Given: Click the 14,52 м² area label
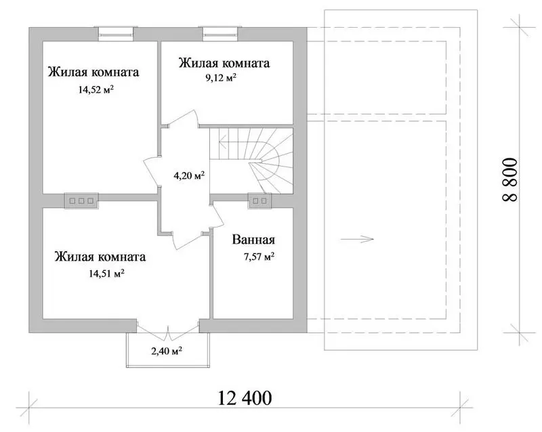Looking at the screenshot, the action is (x=96, y=90).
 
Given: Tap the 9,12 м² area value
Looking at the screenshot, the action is (x=221, y=77).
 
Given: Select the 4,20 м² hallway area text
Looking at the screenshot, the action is (x=189, y=175).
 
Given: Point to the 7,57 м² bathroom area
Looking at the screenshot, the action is (x=259, y=257).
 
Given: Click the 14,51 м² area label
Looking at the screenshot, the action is (x=106, y=274).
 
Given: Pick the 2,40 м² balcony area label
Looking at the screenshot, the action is (x=167, y=351).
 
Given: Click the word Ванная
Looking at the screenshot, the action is (x=253, y=240).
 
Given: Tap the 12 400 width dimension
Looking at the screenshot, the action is (x=245, y=397).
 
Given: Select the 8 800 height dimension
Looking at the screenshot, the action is (x=510, y=179).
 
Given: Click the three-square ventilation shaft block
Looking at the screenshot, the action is (x=81, y=201).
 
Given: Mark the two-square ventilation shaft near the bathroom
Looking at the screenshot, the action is (x=259, y=201).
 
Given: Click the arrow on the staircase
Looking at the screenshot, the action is (x=227, y=142).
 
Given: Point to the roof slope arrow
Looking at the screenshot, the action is (x=357, y=239).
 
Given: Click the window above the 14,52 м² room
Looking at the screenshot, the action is (x=116, y=34).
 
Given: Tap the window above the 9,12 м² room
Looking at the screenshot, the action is (x=221, y=34).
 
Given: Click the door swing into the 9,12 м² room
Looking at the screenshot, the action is (x=182, y=119).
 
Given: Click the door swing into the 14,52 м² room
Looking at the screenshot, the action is (x=151, y=172).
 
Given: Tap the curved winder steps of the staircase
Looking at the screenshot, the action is (x=273, y=166).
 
